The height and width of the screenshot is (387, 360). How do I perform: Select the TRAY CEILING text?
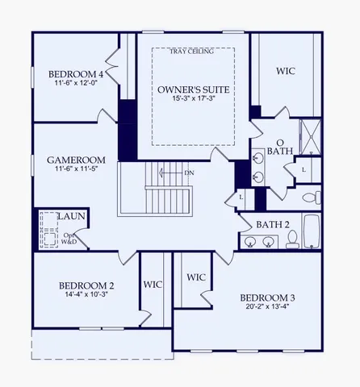(193, 52)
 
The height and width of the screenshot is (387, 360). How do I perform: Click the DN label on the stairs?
(189, 173)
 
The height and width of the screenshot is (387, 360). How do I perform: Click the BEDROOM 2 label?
(86, 285)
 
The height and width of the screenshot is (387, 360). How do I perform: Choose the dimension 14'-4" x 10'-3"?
(86, 296)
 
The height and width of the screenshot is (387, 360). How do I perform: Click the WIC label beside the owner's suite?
(286, 72)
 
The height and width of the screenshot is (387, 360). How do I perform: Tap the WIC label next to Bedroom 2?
(153, 284)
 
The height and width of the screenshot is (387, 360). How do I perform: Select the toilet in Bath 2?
(292, 239)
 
